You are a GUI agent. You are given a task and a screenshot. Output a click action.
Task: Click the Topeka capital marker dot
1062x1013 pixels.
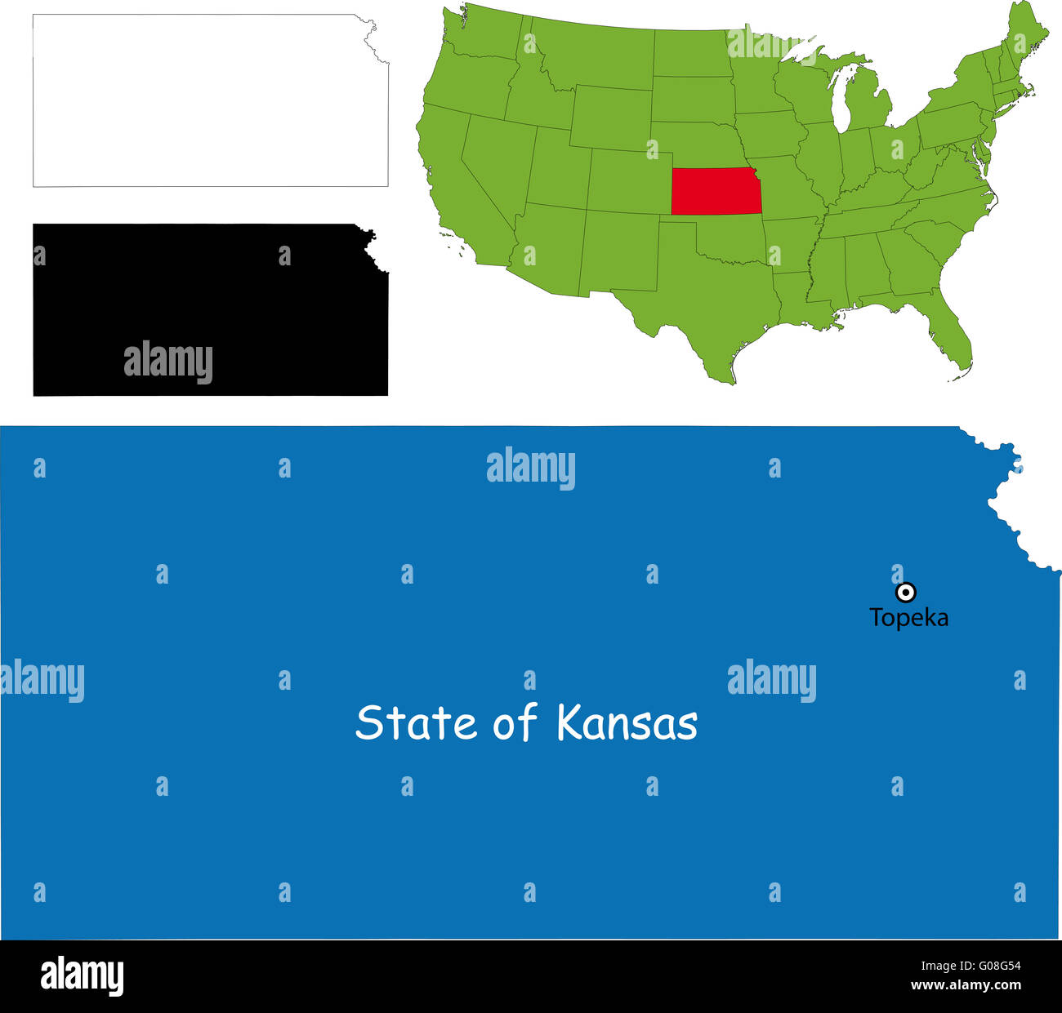905,592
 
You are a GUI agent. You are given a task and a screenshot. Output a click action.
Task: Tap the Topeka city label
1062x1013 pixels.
908,618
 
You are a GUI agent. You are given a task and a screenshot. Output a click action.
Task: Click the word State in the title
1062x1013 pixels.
415,723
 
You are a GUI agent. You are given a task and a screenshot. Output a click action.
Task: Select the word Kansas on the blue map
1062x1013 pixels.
627,723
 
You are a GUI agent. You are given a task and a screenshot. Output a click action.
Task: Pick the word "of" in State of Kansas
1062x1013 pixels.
515,723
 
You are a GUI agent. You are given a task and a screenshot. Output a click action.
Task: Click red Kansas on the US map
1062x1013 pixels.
716,191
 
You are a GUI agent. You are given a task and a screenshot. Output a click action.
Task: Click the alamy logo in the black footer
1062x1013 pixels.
82,976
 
